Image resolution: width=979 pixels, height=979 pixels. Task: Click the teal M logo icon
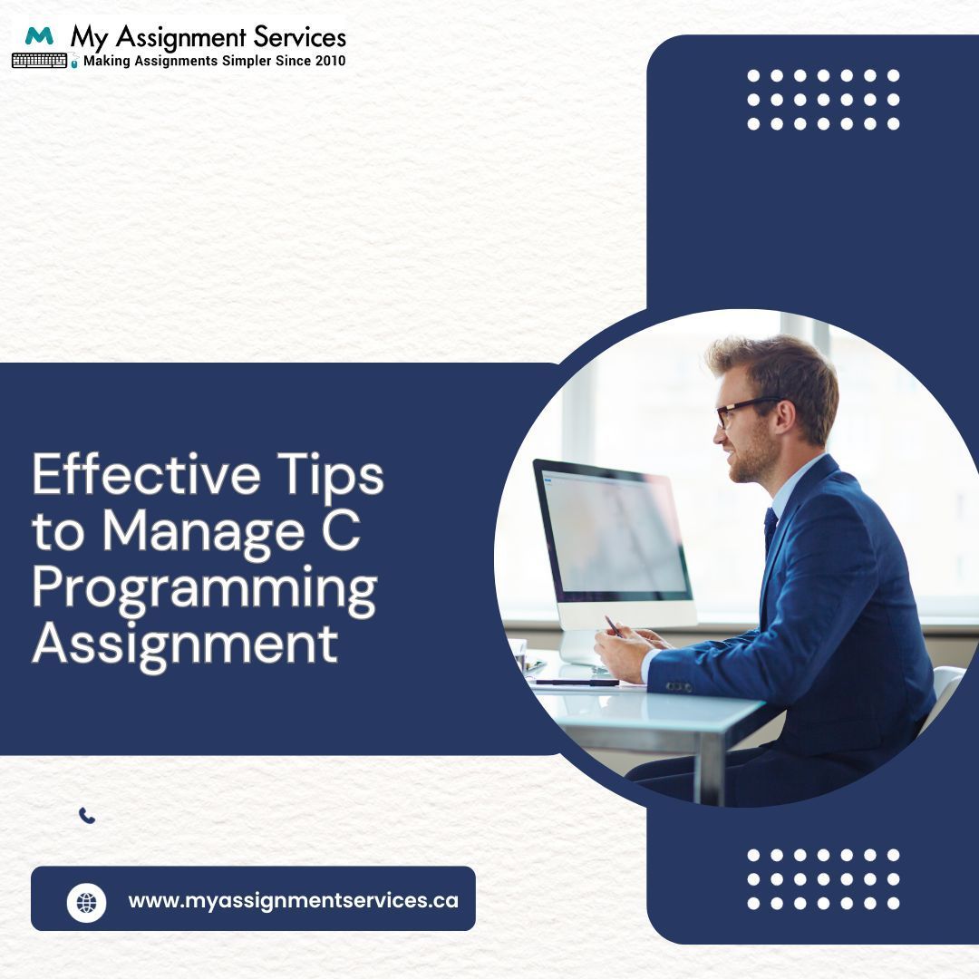[x=39, y=36]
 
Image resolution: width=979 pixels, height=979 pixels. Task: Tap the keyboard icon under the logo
[x=39, y=61]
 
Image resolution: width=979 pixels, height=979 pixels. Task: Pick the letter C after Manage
[x=342, y=531]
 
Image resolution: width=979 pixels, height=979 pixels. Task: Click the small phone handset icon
[x=87, y=816]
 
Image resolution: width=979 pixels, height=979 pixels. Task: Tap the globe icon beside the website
[x=87, y=902]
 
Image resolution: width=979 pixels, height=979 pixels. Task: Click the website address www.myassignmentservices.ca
[x=293, y=901]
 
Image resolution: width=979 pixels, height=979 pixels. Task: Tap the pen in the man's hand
[x=613, y=625]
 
